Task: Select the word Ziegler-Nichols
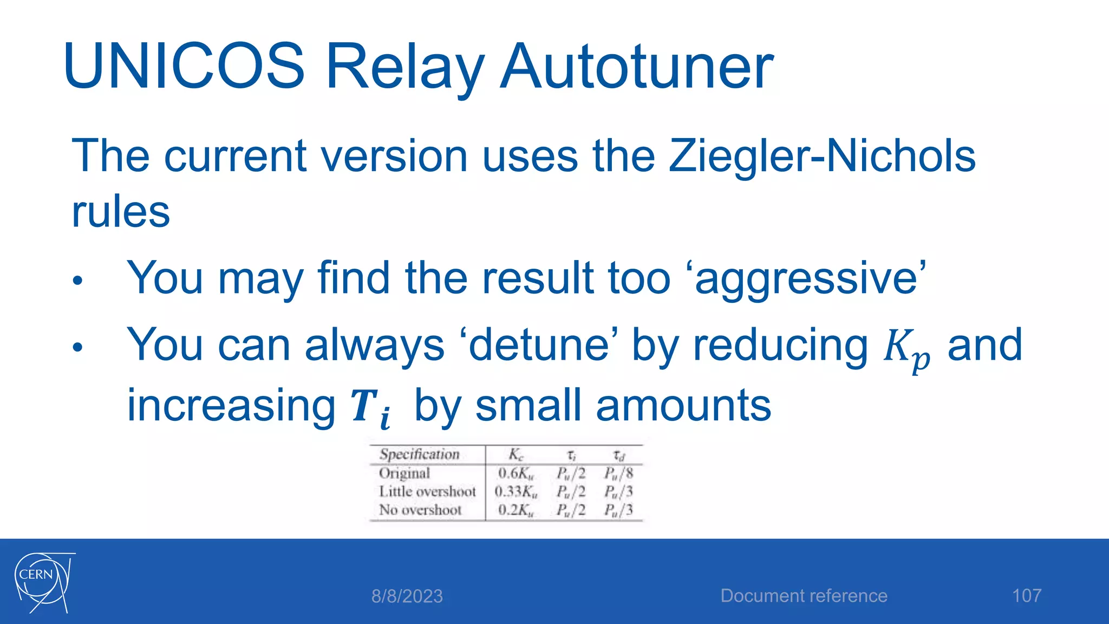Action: point(822,156)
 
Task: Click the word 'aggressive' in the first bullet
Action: point(810,278)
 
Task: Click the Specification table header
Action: point(419,454)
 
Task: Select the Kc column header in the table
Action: point(516,454)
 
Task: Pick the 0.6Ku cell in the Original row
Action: point(516,473)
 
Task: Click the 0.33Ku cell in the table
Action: point(516,492)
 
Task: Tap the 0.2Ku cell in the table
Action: point(516,510)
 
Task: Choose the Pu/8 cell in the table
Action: point(618,473)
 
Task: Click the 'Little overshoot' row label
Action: point(427,492)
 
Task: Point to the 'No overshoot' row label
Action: point(420,510)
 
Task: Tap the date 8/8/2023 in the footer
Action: point(407,596)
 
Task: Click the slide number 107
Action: point(1027,596)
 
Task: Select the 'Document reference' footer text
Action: point(804,596)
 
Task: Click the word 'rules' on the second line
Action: point(121,212)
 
